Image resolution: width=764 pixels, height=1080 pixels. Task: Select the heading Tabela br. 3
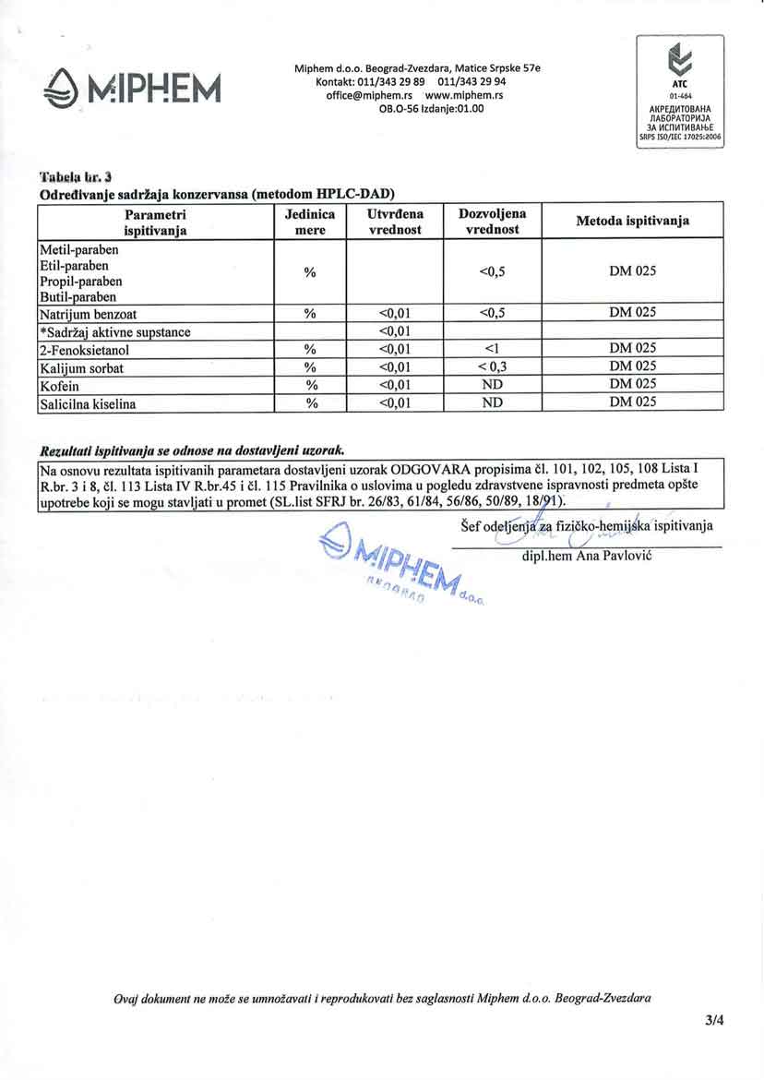76,176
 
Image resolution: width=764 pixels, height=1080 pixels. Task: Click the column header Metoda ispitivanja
633,222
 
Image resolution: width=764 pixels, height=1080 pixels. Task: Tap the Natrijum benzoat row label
88,314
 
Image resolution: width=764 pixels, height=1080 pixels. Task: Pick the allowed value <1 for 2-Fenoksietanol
491,350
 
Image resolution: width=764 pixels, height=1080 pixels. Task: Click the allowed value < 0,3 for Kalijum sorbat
491,367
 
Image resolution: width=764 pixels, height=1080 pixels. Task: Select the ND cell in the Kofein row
491,385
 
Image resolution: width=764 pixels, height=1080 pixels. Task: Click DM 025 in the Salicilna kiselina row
633,402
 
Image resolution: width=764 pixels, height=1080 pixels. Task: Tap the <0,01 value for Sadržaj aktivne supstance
394,332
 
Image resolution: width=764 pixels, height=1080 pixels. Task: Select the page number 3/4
715,1022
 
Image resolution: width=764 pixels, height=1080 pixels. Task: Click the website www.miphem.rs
463,95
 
